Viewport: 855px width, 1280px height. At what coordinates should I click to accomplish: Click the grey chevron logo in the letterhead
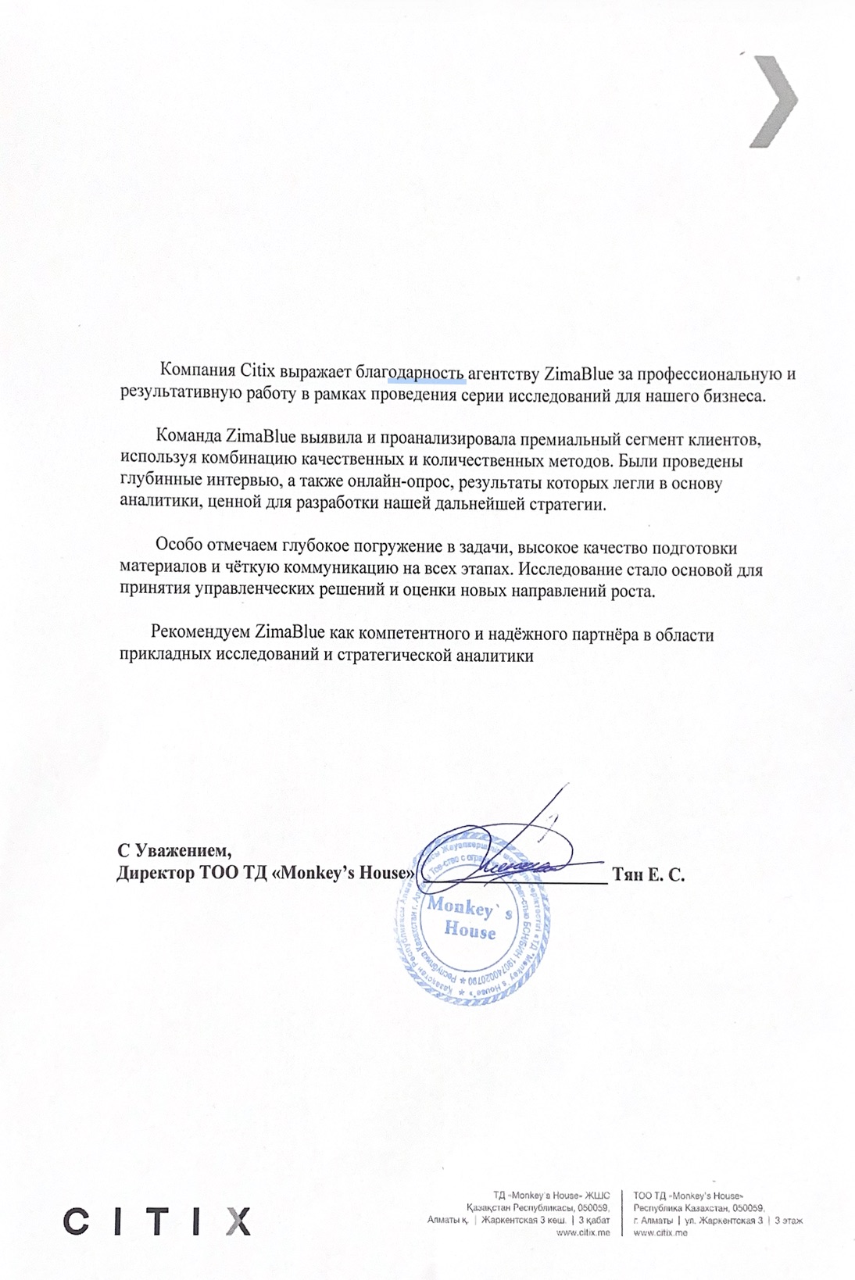pyautogui.click(x=773, y=102)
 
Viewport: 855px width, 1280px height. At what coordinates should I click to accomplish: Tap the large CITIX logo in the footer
pyautogui.click(x=156, y=1220)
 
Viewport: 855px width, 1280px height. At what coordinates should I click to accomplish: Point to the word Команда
pyautogui.click(x=188, y=438)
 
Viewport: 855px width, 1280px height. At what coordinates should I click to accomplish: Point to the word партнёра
pyautogui.click(x=605, y=634)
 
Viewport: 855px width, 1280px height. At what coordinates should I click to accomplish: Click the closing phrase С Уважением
pyautogui.click(x=174, y=849)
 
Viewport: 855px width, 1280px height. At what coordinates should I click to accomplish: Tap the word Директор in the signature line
pyautogui.click(x=152, y=873)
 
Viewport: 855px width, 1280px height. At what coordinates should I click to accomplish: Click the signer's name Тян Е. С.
pyautogui.click(x=649, y=874)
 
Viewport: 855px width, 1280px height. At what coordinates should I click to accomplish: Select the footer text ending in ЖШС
pyautogui.click(x=551, y=1195)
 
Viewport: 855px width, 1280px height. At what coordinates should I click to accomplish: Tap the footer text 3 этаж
pyautogui.click(x=789, y=1220)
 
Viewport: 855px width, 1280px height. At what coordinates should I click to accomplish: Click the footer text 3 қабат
pyautogui.click(x=594, y=1220)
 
